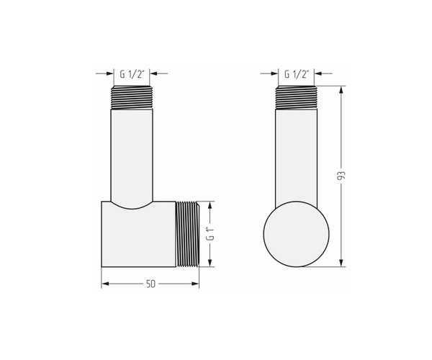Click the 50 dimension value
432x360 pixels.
tap(150, 284)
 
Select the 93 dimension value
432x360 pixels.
tap(341, 176)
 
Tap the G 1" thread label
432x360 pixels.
tap(211, 234)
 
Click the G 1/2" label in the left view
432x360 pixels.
tap(132, 74)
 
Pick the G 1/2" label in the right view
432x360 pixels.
tap(297, 74)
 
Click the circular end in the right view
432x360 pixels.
tap(297, 234)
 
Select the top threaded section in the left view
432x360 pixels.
tap(132, 98)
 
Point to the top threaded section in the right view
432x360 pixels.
tap(297, 98)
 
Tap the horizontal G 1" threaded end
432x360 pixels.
tap(188, 234)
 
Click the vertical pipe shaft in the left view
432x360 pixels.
tap(132, 157)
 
